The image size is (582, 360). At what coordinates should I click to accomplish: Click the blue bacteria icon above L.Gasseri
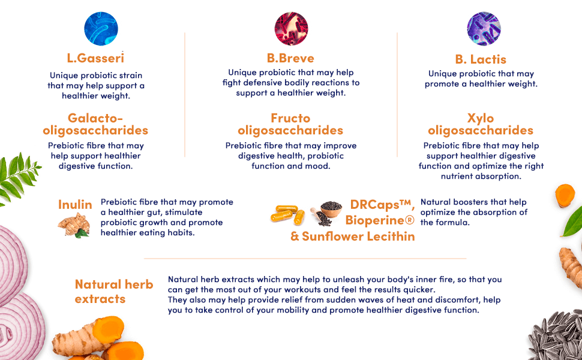click(x=101, y=28)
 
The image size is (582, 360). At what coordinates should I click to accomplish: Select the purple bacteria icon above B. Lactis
click(x=484, y=28)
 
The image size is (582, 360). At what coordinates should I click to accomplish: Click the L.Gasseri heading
click(x=95, y=58)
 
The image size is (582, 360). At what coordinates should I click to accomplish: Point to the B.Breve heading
click(x=291, y=58)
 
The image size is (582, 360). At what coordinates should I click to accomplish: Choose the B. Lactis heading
click(x=481, y=59)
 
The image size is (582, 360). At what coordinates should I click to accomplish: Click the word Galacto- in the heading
click(x=95, y=118)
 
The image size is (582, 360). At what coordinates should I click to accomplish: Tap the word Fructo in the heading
click(x=290, y=118)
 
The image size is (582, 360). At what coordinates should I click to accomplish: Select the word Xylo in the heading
click(x=481, y=118)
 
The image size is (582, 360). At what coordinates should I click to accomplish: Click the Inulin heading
click(x=75, y=205)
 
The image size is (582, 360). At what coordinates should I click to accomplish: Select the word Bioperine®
click(x=380, y=220)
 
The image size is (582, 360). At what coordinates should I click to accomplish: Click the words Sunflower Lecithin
click(x=358, y=236)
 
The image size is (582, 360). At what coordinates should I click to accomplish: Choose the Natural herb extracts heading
click(x=114, y=291)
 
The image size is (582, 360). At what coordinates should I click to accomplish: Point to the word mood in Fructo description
click(x=318, y=166)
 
